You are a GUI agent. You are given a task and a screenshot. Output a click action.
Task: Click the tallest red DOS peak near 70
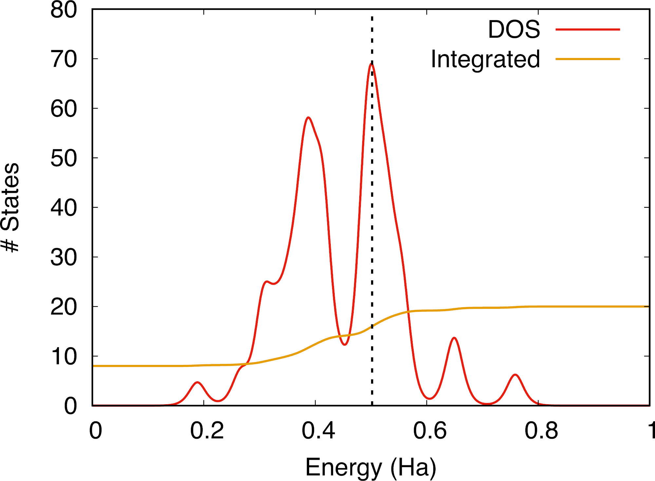pos(371,64)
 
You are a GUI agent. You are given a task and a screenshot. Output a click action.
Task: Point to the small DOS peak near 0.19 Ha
pos(197,382)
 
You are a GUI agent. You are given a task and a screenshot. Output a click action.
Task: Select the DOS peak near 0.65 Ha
pos(454,338)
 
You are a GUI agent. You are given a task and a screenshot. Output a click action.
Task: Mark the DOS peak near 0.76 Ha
pos(515,375)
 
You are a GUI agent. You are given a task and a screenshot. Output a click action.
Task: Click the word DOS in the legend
pos(514,30)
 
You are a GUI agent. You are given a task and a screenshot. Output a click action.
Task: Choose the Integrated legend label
pos(485,59)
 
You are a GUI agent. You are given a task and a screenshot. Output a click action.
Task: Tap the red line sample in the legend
pos(588,30)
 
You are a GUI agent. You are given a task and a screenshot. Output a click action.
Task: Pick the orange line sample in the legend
pos(588,59)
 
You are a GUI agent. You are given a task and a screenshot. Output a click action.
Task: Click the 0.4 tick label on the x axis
pos(318,431)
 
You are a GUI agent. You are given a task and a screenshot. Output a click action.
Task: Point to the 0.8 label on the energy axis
pos(541,431)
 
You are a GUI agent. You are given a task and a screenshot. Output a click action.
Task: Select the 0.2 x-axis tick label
pos(207,431)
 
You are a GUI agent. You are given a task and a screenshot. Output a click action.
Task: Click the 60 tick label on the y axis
pos(64,109)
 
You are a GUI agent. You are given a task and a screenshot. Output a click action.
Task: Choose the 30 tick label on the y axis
pos(64,257)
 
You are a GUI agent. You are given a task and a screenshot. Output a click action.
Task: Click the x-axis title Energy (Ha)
pos(371,467)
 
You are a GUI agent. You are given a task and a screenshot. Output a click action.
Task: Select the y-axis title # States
pos(10,207)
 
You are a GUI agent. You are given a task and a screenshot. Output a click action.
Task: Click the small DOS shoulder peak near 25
pos(267,281)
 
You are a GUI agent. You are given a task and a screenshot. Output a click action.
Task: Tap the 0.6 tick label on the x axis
pos(430,431)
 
